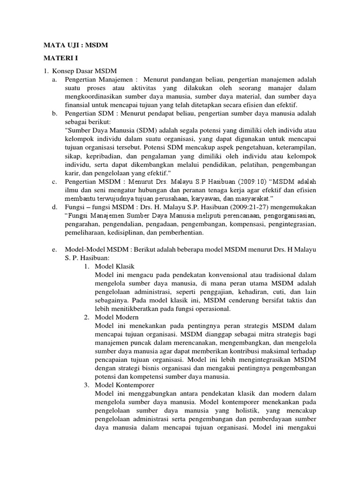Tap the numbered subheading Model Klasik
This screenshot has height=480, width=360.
(x=115, y=266)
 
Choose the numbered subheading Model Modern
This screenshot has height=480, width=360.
(x=117, y=317)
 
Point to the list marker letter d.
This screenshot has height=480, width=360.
(x=55, y=206)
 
